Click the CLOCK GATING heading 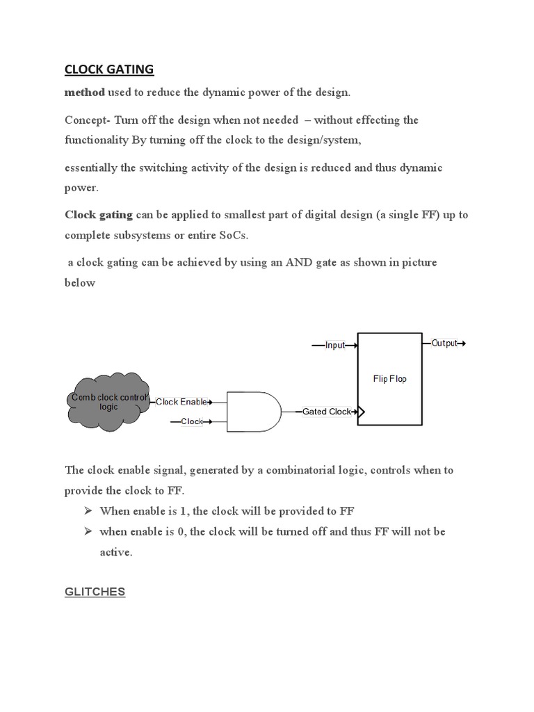click(109, 70)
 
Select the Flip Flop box click(389, 379)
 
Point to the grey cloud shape click(108, 403)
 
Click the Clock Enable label click(180, 402)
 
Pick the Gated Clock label click(327, 412)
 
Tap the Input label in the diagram click(335, 345)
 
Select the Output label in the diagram click(444, 343)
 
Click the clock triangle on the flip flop click(361, 412)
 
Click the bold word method click(85, 92)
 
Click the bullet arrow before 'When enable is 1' click(88, 511)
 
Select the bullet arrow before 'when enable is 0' click(88, 531)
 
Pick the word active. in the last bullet click(115, 553)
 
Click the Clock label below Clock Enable click(192, 421)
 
